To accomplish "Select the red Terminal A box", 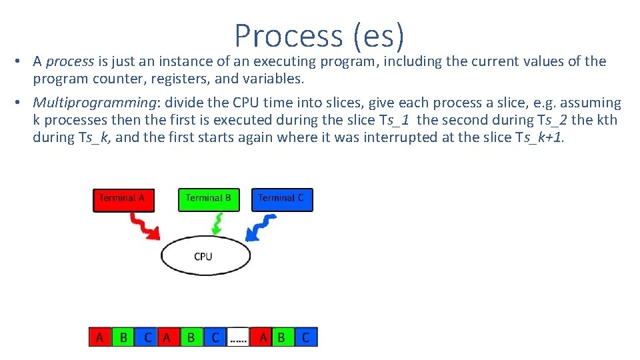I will coord(123,199).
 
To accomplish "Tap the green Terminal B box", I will coord(209,199).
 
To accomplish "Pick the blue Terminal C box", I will coord(282,199).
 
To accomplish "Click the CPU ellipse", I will coord(204,256).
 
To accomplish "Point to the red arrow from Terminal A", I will coord(143,225).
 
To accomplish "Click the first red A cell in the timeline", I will coord(100,337).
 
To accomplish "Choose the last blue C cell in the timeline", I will coord(306,337).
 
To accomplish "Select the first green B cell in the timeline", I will coord(123,337).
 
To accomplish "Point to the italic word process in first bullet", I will coord(70,62).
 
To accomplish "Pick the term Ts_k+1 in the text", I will coord(541,138).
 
